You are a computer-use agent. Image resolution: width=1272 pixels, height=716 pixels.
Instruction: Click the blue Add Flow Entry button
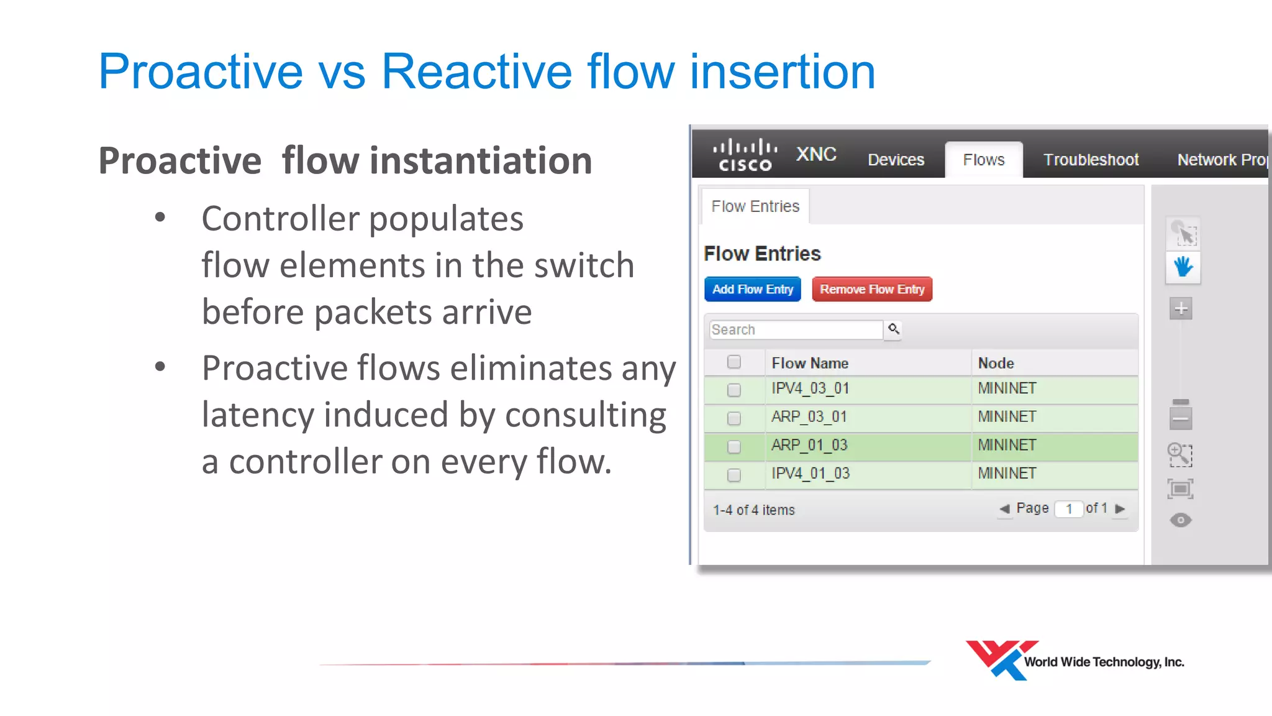pyautogui.click(x=752, y=289)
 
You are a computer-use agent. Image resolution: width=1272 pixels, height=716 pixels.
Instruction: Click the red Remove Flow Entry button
pyautogui.click(x=871, y=289)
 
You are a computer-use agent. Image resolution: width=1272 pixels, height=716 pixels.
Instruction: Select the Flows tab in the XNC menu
pyautogui.click(x=983, y=160)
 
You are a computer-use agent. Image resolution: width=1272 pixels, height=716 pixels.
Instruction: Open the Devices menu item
pyautogui.click(x=896, y=160)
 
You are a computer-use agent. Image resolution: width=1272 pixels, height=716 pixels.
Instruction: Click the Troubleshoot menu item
pyautogui.click(x=1091, y=160)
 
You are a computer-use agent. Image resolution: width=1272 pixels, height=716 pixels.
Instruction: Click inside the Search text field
pyautogui.click(x=795, y=329)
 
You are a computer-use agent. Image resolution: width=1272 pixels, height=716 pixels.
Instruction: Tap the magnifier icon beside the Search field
pyautogui.click(x=893, y=329)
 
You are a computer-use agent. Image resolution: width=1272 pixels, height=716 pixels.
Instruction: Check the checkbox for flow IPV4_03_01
pyautogui.click(x=734, y=390)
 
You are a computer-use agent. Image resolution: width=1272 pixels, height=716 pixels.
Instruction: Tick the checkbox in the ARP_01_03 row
pyautogui.click(x=734, y=446)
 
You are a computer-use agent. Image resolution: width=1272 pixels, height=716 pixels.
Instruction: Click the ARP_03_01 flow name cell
pyautogui.click(x=809, y=416)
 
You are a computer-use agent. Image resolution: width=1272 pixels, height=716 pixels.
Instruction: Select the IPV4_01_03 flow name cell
pyautogui.click(x=810, y=474)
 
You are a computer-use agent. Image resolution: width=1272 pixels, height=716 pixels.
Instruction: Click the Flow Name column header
pyautogui.click(x=809, y=363)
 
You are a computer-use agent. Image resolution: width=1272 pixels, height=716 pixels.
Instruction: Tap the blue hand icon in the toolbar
pyautogui.click(x=1183, y=268)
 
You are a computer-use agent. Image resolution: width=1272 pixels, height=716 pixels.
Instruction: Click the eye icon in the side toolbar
pyautogui.click(x=1180, y=520)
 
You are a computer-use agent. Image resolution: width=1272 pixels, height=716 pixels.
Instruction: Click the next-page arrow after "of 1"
pyautogui.click(x=1120, y=508)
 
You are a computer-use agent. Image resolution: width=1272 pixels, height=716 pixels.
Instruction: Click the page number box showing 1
pyautogui.click(x=1068, y=509)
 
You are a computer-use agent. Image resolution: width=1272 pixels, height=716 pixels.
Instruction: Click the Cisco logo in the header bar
pyautogui.click(x=745, y=155)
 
